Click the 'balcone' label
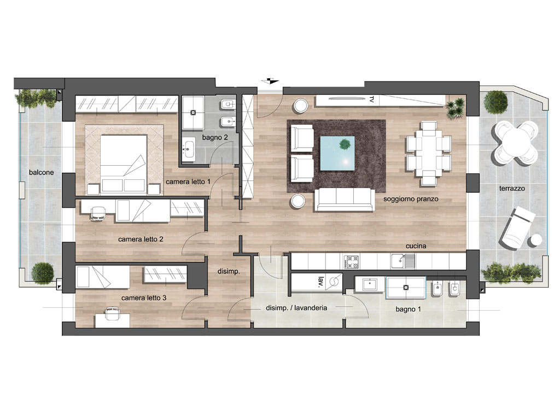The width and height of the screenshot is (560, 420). click(x=41, y=172)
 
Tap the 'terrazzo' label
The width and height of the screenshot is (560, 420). click(x=512, y=188)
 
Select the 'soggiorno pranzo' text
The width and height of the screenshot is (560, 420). click(x=411, y=199)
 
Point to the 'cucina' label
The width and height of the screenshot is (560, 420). click(x=416, y=246)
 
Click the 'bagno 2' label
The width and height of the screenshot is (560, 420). click(x=214, y=137)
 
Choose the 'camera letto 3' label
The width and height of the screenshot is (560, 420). click(x=144, y=298)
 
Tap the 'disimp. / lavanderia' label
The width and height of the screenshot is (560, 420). click(x=296, y=308)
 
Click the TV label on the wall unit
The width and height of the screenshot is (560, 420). click(x=371, y=100)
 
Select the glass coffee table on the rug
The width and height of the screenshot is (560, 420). click(x=337, y=153)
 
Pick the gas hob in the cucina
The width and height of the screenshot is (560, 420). click(x=352, y=262)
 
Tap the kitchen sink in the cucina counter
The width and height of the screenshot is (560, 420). click(x=403, y=261)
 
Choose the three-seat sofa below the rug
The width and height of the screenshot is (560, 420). click(x=345, y=200)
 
